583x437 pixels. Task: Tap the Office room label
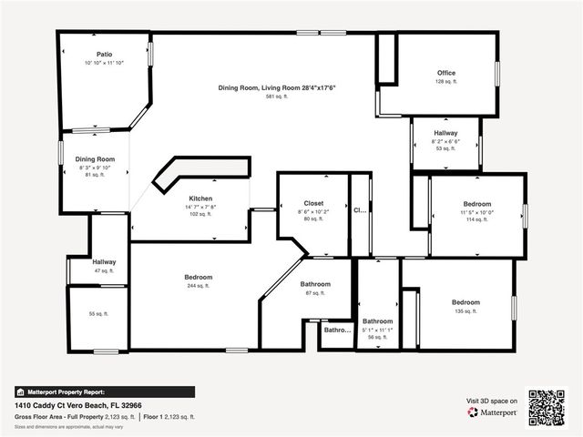coord(445,73)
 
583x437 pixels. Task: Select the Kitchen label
coord(200,198)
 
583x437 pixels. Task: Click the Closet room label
coord(312,203)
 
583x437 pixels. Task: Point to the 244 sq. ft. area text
coord(198,286)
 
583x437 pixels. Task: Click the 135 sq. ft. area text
coord(465,310)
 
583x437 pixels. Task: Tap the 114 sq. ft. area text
coord(477,219)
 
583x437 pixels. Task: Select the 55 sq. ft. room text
coord(97,313)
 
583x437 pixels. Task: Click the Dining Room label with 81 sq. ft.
coord(94,159)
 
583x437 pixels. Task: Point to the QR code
coord(547,407)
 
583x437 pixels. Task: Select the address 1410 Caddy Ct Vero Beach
coord(77,405)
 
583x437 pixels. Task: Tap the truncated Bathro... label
coord(338,330)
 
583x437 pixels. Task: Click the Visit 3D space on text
coord(492,401)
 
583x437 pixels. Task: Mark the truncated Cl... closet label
coord(360,209)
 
